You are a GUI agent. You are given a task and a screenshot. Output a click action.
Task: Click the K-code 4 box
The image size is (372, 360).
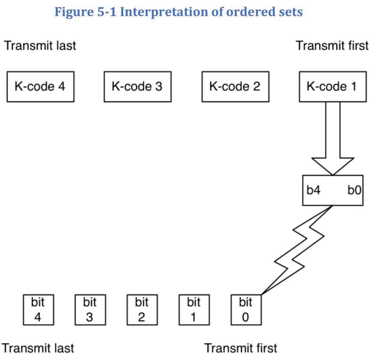41,87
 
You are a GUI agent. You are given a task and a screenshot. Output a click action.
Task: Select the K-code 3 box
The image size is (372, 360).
138,87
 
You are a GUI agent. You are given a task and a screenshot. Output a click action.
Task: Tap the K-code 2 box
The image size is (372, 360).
235,87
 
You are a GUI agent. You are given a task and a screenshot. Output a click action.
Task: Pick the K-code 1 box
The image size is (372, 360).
333,87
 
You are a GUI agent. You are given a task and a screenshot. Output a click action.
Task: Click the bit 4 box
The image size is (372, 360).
38,310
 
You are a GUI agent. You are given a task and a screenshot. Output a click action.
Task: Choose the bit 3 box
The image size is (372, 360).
90,310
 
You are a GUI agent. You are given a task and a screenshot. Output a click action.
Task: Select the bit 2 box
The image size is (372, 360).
142,310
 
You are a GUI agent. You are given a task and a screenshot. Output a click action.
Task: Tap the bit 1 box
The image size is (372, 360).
194,310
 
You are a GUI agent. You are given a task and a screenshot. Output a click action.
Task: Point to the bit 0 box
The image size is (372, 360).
246,310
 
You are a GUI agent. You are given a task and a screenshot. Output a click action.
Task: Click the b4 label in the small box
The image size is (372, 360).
313,190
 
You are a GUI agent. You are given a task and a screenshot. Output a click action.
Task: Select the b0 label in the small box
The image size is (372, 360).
354,190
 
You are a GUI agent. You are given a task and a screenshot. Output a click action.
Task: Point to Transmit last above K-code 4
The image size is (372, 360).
40,45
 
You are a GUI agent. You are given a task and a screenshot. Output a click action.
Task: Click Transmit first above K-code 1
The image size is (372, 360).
332,45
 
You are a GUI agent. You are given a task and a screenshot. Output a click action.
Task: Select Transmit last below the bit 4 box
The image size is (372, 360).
38,348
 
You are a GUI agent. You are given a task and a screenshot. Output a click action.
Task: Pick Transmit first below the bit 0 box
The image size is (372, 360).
241,348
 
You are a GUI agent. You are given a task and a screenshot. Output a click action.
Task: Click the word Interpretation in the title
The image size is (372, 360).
164,12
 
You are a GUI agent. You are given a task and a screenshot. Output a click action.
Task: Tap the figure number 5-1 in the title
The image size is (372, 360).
107,12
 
